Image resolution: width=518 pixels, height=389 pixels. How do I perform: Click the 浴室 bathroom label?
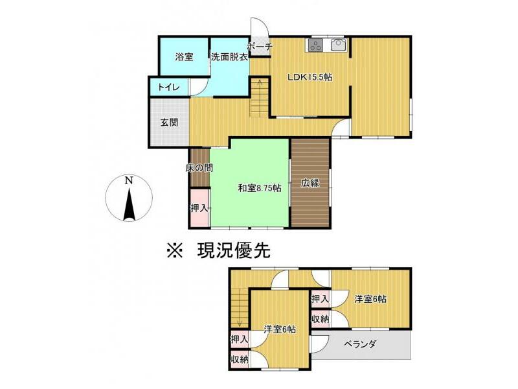185,56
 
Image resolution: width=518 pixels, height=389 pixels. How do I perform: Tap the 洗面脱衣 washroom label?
229,56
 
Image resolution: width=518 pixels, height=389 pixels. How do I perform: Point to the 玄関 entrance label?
169,122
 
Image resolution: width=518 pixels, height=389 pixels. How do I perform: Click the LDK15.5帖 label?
310,77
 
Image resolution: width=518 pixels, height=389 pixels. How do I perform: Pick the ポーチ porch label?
260,47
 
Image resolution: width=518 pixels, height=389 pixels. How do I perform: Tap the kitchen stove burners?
315,45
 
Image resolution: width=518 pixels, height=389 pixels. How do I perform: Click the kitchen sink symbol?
338,45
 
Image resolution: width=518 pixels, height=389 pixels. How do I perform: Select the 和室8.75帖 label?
259,188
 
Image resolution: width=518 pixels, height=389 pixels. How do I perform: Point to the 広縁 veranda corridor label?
310,183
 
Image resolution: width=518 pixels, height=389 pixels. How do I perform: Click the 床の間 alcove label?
199,167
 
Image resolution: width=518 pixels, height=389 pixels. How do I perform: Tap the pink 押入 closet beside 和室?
199,207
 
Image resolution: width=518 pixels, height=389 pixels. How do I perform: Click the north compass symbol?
129,198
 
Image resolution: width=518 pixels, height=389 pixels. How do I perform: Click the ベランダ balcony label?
360,344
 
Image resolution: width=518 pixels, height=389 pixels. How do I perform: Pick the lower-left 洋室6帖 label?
280,329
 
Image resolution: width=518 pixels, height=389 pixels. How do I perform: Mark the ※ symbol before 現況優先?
175,250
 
